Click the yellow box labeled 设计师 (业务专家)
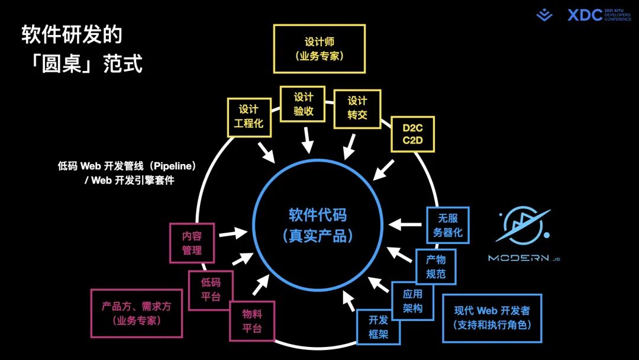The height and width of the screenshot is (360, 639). click(x=319, y=49)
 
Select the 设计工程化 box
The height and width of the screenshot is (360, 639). click(x=248, y=117)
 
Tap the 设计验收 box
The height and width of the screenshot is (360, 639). click(x=304, y=104)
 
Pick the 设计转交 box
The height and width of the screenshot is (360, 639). click(x=357, y=108)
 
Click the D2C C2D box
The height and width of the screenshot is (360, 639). click(x=413, y=134)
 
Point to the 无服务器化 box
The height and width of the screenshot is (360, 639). click(x=447, y=225)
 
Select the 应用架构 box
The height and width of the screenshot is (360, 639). click(x=412, y=301)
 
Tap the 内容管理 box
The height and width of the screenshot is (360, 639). click(x=192, y=243)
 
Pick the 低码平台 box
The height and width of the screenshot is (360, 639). click(x=211, y=290)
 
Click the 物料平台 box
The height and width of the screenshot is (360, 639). click(x=252, y=322)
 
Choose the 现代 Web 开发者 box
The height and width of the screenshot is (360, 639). click(x=492, y=318)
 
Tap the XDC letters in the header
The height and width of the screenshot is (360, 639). click(x=585, y=15)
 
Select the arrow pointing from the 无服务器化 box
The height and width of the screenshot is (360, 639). click(x=404, y=224)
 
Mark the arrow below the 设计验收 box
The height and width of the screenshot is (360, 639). click(x=308, y=142)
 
